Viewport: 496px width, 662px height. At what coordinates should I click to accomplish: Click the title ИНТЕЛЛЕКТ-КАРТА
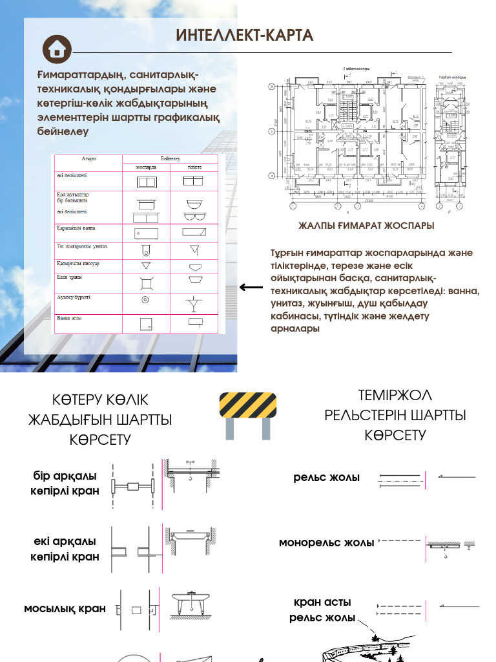tap(245, 36)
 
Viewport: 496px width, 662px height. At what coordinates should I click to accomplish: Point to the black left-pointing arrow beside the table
tap(251, 288)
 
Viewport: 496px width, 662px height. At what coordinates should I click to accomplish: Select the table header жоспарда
tap(146, 167)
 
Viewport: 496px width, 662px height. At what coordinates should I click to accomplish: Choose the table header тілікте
tap(194, 167)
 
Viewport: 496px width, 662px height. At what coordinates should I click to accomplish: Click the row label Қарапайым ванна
tap(76, 228)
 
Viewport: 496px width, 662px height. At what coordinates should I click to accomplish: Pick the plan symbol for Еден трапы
tap(146, 282)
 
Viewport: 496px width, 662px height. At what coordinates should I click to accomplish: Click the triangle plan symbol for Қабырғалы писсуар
tap(146, 266)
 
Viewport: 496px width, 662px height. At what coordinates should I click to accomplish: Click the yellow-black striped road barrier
tap(248, 406)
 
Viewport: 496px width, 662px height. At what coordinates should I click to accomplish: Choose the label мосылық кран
tap(65, 609)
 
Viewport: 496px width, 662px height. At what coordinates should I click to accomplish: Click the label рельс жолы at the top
tap(326, 478)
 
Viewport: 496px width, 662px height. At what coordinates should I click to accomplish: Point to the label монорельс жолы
tap(326, 542)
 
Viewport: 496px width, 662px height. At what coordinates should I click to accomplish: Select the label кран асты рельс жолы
tap(322, 610)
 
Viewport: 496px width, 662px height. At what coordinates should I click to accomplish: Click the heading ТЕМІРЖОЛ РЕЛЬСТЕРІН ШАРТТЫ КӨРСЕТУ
tap(395, 415)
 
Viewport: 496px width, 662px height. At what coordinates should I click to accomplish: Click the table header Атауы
tap(88, 159)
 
